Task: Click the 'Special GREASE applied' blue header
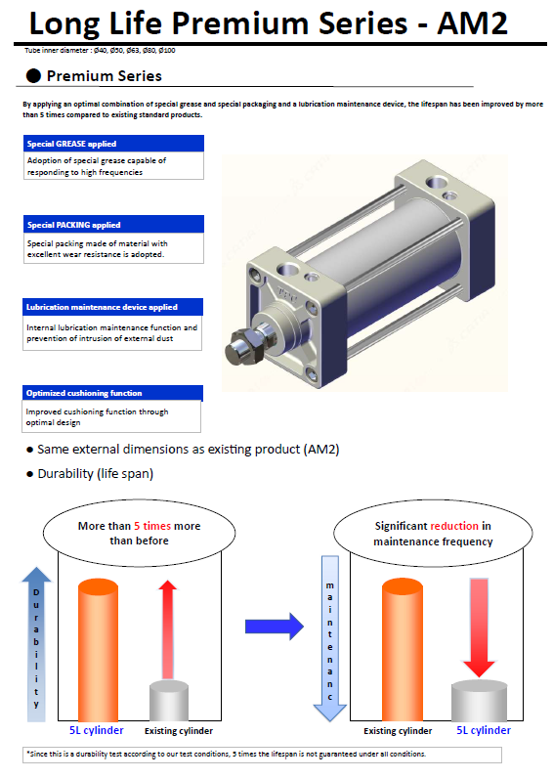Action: pyautogui.click(x=113, y=144)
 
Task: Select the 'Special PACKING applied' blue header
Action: pyautogui.click(x=113, y=224)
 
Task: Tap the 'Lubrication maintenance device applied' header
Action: pyautogui.click(x=112, y=307)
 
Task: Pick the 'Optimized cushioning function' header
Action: pyautogui.click(x=112, y=393)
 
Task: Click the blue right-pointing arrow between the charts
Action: pyautogui.click(x=274, y=627)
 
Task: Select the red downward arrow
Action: pyautogui.click(x=479, y=628)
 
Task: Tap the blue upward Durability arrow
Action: pyautogui.click(x=36, y=644)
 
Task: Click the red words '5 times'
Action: pyautogui.click(x=152, y=526)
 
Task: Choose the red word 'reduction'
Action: pyautogui.click(x=454, y=526)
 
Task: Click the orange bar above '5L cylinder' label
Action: pyautogui.click(x=99, y=649)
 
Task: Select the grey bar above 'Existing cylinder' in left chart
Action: pyautogui.click(x=169, y=701)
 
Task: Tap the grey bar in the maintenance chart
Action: pyautogui.click(x=479, y=701)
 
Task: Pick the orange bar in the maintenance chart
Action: pyautogui.click(x=403, y=649)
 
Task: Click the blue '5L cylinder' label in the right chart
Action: pyautogui.click(x=484, y=730)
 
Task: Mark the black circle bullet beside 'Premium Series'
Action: pyautogui.click(x=33, y=75)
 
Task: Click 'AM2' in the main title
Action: pyautogui.click(x=472, y=23)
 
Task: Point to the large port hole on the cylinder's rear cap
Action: pyautogui.click(x=437, y=182)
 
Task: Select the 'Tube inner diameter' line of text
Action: pyautogui.click(x=100, y=50)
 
